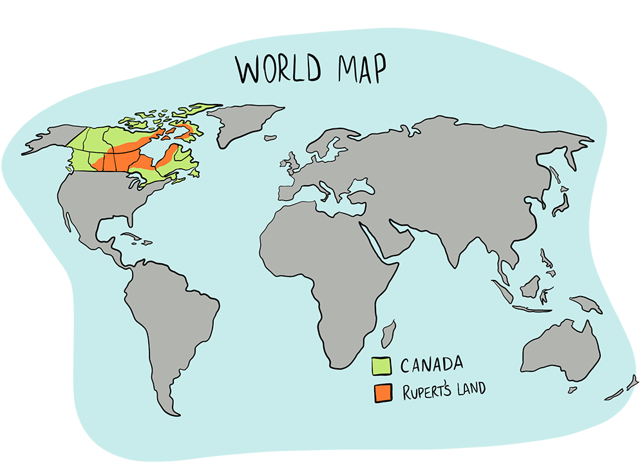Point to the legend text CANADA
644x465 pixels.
tap(431, 365)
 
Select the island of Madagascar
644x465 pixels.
tap(388, 335)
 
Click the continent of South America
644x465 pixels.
tap(174, 322)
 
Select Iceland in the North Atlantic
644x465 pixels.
tap(270, 137)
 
